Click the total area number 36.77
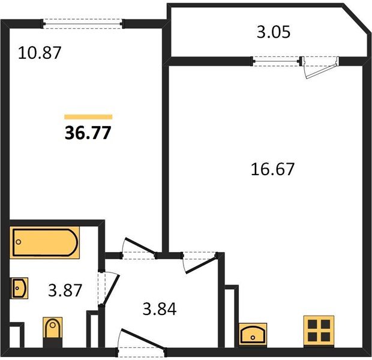(x=88, y=133)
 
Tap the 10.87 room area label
(x=40, y=53)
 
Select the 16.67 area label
(x=272, y=169)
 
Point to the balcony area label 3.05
(x=274, y=32)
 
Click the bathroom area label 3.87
(x=65, y=290)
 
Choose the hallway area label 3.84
(x=160, y=309)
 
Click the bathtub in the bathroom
(x=44, y=242)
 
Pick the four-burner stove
(x=319, y=331)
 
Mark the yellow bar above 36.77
(x=88, y=117)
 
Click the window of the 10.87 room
(x=83, y=24)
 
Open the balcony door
(x=320, y=68)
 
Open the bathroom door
(x=109, y=288)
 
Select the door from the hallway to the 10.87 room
(x=139, y=249)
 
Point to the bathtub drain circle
(x=19, y=242)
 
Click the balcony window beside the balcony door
(x=277, y=61)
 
